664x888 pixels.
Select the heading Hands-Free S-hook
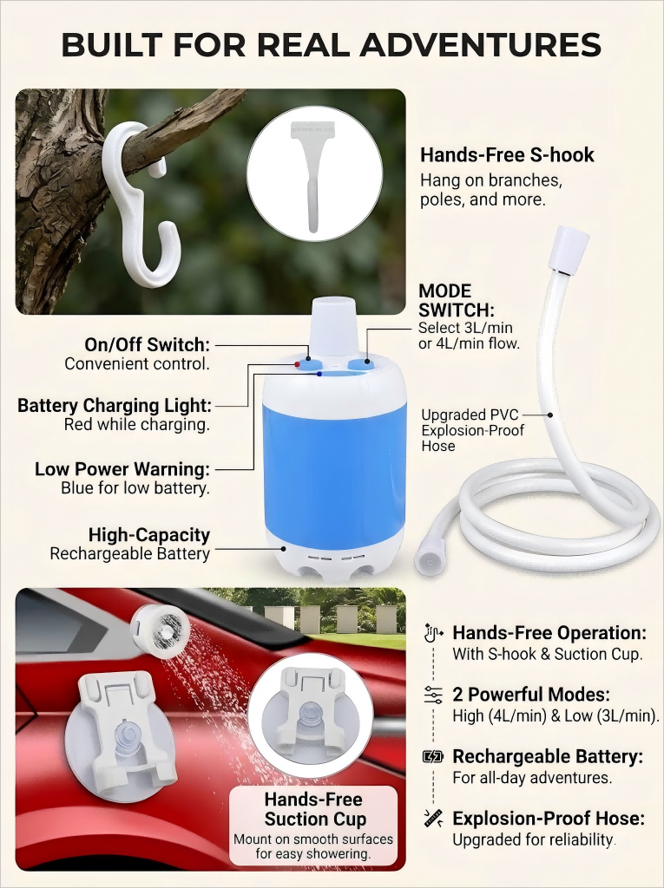(x=507, y=155)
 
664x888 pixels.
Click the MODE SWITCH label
(x=456, y=301)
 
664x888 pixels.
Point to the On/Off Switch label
(x=147, y=344)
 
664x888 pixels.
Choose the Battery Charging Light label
(x=114, y=406)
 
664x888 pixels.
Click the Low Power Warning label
(x=122, y=469)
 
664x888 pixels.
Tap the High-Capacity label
(x=149, y=534)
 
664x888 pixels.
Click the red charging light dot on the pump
(x=297, y=364)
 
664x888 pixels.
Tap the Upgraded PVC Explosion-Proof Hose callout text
(x=472, y=430)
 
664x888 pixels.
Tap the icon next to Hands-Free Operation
(x=433, y=632)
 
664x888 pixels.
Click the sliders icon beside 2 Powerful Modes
(x=433, y=695)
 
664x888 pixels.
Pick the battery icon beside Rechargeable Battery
(x=433, y=756)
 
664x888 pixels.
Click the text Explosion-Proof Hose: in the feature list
(x=549, y=819)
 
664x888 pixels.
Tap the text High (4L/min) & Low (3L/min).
(x=556, y=715)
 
